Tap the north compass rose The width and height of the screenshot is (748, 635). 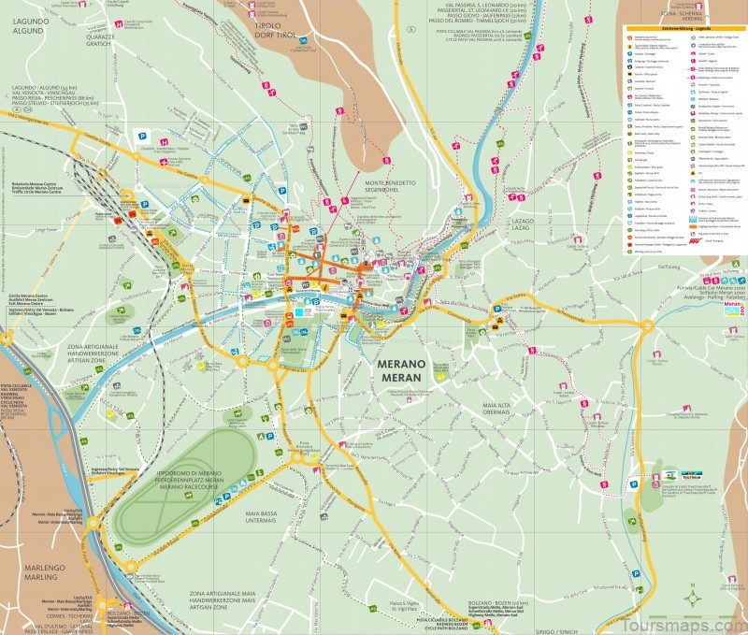[x=692, y=598]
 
